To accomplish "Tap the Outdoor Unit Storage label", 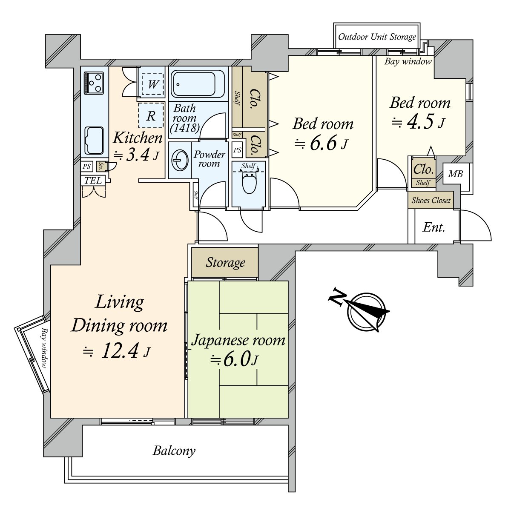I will (x=377, y=37).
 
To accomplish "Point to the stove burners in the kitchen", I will (x=94, y=82).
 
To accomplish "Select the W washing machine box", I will (x=152, y=84).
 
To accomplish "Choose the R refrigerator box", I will (x=151, y=115).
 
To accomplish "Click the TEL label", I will (x=93, y=181).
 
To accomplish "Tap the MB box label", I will (x=455, y=174).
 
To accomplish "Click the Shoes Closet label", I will (x=431, y=200).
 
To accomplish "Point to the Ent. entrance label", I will (x=433, y=227).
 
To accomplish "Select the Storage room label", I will (x=225, y=263).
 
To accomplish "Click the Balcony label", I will (x=174, y=451).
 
